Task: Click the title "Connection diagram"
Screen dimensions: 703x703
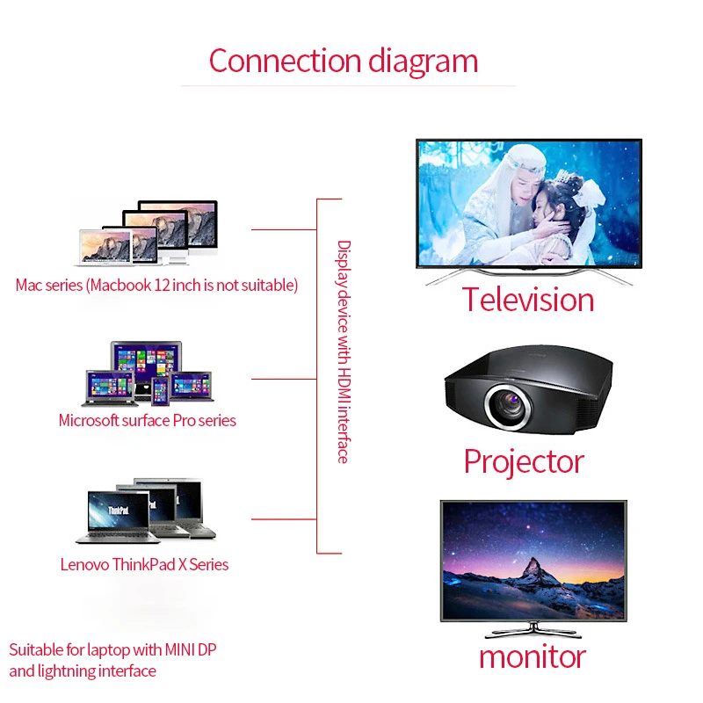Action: (344, 61)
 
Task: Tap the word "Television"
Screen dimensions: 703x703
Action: (528, 300)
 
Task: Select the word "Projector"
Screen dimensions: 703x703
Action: (524, 460)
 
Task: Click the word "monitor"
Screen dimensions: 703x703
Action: (532, 656)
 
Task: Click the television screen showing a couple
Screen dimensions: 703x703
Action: (528, 203)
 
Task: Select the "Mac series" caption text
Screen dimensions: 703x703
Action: (156, 285)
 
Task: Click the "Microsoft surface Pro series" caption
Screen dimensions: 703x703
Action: (147, 420)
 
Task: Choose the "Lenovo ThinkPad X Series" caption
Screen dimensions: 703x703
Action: (144, 564)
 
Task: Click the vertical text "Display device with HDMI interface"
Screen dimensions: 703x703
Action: (344, 351)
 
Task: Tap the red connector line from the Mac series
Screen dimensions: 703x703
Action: (283, 229)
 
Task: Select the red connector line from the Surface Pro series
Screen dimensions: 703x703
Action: (283, 379)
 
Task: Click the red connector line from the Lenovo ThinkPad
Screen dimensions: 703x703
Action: (283, 518)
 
